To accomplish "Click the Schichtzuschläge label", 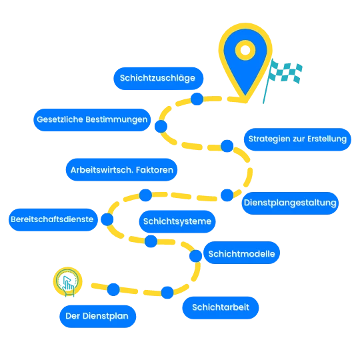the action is coord(159,79).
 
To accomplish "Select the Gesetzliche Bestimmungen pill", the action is coord(92,120).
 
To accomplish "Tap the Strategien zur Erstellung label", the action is coord(297,139).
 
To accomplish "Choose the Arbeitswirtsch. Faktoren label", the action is coord(122,170).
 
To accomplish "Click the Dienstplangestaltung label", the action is coord(290,203).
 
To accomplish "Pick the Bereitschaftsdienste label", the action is coord(53,220).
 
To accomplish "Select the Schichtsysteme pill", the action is coord(177,221).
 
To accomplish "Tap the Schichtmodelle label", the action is coord(241,253).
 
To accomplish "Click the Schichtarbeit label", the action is coord(221,307).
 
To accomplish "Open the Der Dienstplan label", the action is coord(98,317).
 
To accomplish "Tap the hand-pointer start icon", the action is coord(67,282).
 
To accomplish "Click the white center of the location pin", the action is coord(245,50).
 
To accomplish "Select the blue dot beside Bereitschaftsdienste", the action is coord(107,219).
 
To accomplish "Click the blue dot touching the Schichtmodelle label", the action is coord(195,256).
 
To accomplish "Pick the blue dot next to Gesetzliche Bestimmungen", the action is coord(161,126).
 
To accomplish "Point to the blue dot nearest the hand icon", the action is coord(113,289).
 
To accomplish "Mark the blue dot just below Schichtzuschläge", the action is coord(197,99).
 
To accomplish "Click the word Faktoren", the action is coord(155,170).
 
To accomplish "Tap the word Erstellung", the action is coord(327,139).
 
